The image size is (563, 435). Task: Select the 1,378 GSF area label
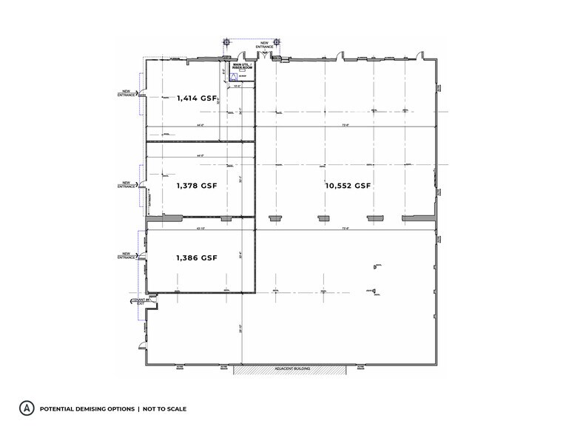(196, 186)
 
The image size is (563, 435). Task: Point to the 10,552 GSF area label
(348, 186)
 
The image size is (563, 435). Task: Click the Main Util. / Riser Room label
(242, 67)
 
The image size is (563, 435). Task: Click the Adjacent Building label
(291, 368)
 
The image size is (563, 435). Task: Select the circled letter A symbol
(27, 408)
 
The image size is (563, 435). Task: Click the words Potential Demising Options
(87, 408)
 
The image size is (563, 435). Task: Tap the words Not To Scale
(164, 408)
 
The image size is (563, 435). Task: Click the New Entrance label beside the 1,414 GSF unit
(127, 93)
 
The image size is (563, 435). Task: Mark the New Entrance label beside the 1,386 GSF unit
(127, 256)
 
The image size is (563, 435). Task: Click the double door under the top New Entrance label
(263, 55)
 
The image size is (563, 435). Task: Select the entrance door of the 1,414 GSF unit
(142, 94)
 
